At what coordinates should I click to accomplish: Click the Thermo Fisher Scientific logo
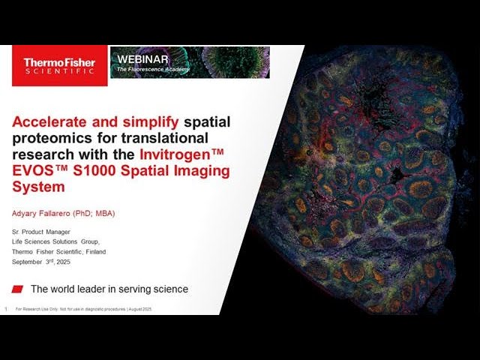coord(59,65)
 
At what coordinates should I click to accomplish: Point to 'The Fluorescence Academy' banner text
coord(153,70)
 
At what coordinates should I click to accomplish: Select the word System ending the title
coord(34,187)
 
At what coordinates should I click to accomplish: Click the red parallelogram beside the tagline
coord(19,289)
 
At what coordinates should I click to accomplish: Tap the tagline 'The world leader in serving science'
coord(109,289)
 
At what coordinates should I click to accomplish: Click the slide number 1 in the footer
coord(6,309)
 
